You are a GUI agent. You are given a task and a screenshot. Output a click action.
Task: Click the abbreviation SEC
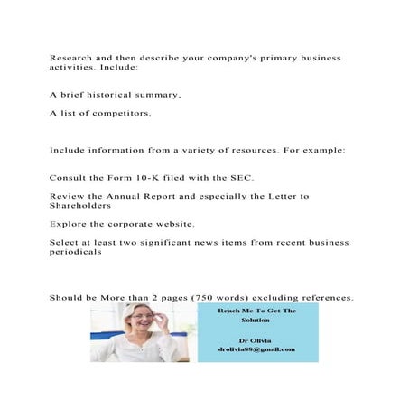coord(242,177)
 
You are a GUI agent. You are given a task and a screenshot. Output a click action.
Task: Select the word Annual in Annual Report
coord(129,196)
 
